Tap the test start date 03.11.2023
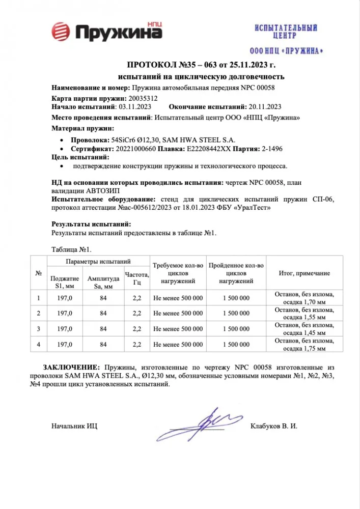(x=134, y=107)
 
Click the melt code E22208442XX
(x=209, y=149)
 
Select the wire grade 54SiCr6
(x=122, y=139)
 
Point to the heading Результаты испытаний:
(x=92, y=224)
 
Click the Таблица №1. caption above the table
(x=71, y=249)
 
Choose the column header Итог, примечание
(x=304, y=273)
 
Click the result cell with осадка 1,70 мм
(x=304, y=298)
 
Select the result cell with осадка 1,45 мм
(x=304, y=329)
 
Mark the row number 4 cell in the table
(x=39, y=345)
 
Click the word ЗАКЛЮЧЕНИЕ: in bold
(x=71, y=367)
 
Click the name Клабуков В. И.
(x=273, y=426)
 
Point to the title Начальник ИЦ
(x=75, y=426)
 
